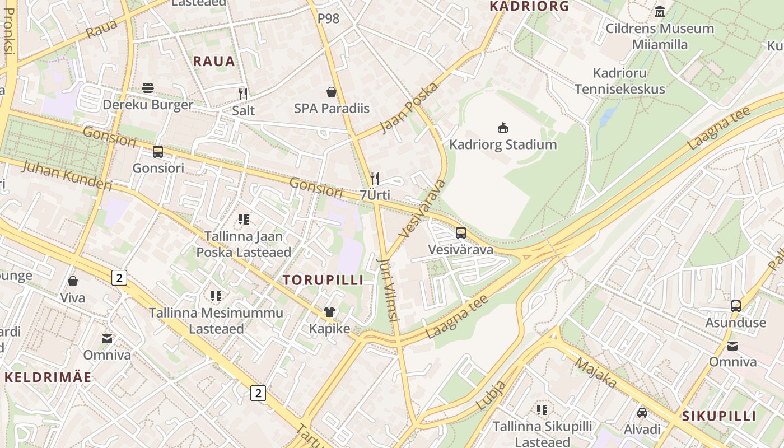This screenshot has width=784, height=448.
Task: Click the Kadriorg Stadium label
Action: [x=503, y=144]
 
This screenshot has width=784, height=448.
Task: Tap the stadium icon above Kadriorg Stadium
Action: [x=503, y=128]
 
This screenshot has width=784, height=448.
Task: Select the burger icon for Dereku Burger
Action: [x=148, y=88]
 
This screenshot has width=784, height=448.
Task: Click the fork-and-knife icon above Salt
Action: [x=243, y=94]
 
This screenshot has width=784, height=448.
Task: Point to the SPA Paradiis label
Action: [x=332, y=109]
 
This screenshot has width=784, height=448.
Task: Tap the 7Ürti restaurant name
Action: [x=375, y=195]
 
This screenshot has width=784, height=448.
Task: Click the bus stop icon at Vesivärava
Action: [x=460, y=233]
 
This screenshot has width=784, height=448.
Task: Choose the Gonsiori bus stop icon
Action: [x=158, y=152]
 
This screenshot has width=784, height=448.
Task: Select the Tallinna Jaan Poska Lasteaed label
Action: [x=244, y=244]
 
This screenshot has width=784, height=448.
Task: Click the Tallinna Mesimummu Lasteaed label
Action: [x=216, y=320]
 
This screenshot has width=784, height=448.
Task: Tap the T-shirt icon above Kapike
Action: [x=329, y=312]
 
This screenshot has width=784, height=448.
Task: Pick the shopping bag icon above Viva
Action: [x=73, y=281]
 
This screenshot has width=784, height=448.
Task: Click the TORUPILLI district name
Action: [x=323, y=280]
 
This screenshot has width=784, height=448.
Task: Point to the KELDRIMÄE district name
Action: [x=48, y=377]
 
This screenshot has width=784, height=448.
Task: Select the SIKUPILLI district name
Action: [x=719, y=416]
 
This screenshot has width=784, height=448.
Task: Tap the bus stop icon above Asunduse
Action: [x=736, y=306]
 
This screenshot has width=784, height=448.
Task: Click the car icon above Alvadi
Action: [x=642, y=413]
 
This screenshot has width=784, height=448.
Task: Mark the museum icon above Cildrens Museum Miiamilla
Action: [x=660, y=11]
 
